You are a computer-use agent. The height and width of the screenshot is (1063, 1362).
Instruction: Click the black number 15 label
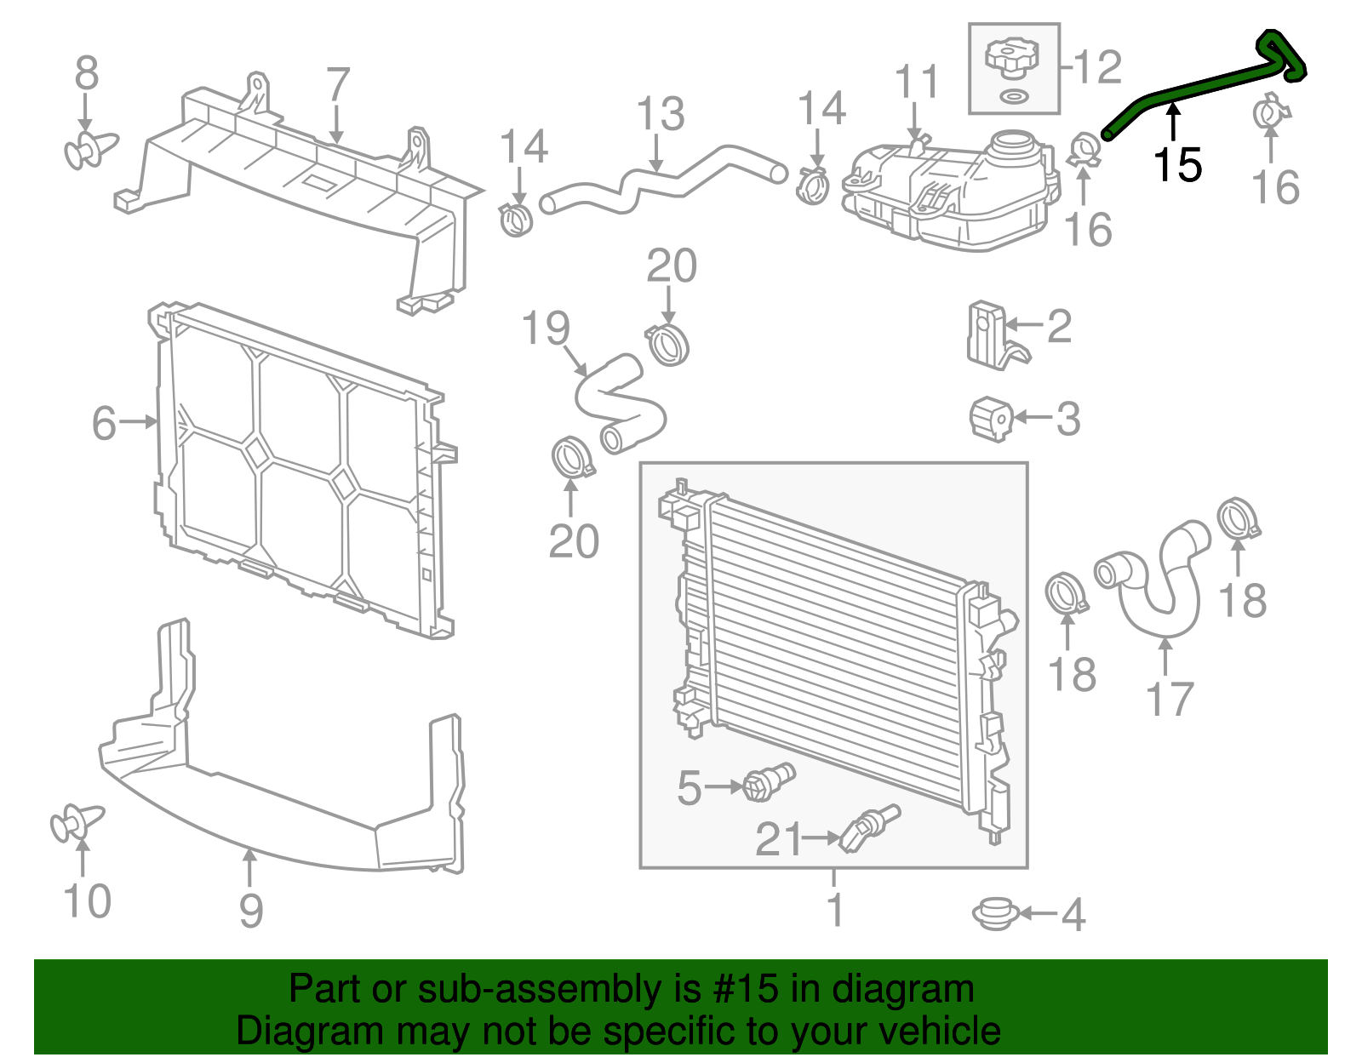[x=1177, y=164]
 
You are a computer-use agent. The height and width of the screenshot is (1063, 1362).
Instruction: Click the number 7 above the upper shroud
[x=338, y=85]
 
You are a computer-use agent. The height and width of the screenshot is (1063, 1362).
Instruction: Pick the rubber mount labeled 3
[x=991, y=418]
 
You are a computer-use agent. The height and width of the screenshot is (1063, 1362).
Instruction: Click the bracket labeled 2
[x=990, y=334]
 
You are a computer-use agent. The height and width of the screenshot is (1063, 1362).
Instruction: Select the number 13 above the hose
[x=661, y=114]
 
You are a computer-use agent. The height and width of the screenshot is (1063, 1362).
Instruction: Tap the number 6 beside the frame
[x=104, y=423]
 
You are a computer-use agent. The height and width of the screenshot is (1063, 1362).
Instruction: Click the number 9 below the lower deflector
[x=250, y=911]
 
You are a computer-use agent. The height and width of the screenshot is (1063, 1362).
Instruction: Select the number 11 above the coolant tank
[x=917, y=82]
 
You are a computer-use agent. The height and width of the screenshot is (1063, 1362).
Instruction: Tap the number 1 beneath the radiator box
[x=835, y=909]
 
